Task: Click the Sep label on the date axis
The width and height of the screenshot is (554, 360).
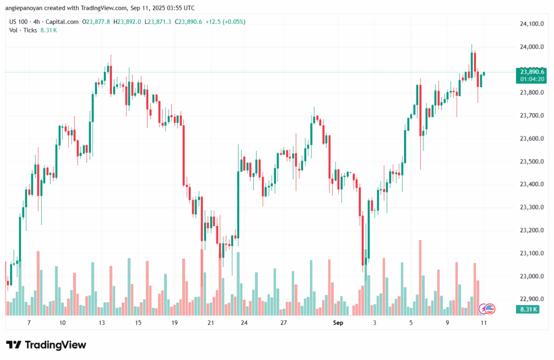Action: click(338, 323)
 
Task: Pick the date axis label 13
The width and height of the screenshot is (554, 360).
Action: click(101, 323)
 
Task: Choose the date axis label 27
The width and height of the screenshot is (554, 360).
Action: click(283, 323)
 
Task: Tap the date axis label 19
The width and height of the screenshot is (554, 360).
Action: click(174, 323)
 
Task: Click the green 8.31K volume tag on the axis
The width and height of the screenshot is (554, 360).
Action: click(527, 309)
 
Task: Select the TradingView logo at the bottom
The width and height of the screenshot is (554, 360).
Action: click(46, 345)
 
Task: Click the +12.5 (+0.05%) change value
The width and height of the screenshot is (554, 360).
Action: click(226, 22)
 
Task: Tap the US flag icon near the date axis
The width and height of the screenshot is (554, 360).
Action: click(490, 309)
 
